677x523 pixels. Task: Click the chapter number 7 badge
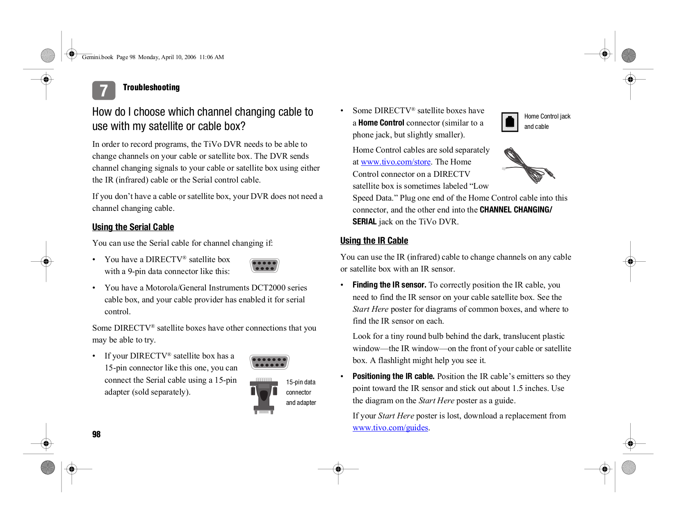[104, 90]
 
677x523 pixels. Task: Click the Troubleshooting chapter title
[151, 87]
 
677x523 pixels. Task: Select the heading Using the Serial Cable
[133, 227]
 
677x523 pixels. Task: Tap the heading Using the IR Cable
[374, 241]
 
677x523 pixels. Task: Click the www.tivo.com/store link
[395, 162]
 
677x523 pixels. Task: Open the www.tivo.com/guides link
[390, 428]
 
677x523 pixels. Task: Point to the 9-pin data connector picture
[264, 265]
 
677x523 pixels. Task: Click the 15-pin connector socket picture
[269, 362]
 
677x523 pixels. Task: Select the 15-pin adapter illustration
[264, 395]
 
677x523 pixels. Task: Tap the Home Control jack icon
[510, 122]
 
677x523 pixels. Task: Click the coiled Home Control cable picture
[528, 165]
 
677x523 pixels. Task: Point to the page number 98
[96, 434]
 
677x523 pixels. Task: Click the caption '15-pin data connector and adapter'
[301, 393]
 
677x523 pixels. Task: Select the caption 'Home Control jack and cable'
[547, 121]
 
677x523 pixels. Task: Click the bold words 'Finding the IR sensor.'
[389, 285]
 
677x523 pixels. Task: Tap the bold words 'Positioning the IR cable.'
[393, 377]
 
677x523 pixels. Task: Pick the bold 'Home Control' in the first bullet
[381, 123]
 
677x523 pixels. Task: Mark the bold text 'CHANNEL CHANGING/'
[515, 210]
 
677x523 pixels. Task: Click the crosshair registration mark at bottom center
[338, 469]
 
